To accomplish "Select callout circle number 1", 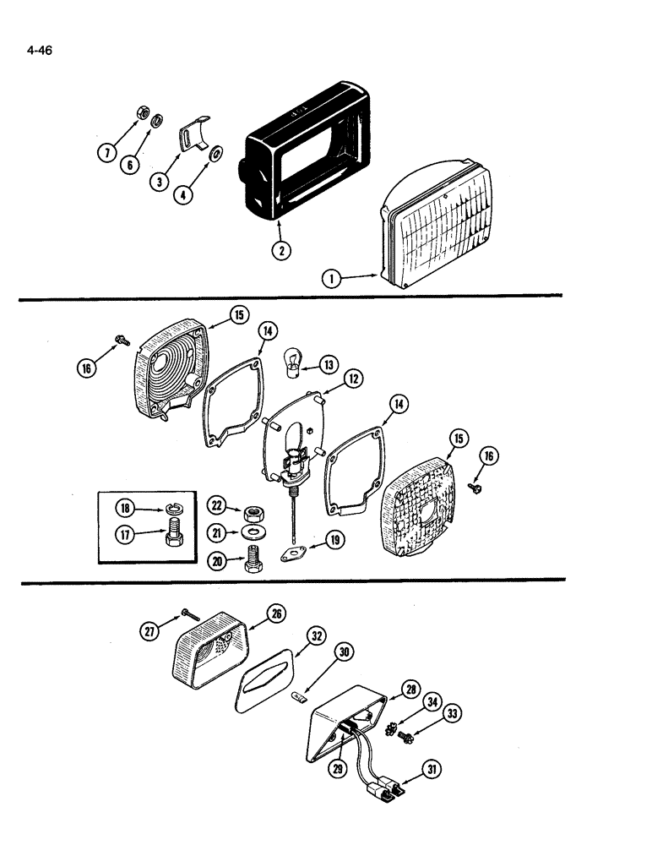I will click(333, 276).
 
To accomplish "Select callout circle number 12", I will click(352, 379).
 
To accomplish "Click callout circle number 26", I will click(275, 615).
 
